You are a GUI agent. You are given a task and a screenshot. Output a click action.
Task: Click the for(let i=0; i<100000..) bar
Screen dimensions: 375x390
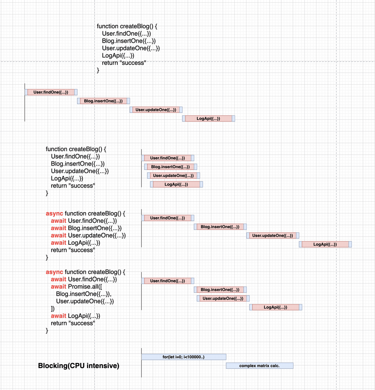(184, 357)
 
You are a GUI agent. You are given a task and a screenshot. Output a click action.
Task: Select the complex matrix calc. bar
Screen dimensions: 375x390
(260, 366)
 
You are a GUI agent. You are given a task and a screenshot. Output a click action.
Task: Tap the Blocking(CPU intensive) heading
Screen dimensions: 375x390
(79, 366)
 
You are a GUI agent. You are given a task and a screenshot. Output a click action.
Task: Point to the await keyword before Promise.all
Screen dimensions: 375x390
(59, 287)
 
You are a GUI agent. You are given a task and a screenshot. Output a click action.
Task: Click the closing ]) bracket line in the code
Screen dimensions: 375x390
(53, 309)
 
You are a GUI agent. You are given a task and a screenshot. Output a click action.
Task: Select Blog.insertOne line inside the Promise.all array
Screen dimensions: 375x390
(84, 294)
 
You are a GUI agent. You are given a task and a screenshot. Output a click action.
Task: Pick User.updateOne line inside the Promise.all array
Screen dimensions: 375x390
(85, 301)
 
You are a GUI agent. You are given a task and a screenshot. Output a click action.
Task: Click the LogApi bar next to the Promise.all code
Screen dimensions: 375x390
(276, 307)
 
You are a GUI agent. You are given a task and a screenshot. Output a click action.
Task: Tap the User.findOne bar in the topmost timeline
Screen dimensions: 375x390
(51, 92)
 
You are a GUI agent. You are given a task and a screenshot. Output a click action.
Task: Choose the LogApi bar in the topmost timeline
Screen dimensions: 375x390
(209, 118)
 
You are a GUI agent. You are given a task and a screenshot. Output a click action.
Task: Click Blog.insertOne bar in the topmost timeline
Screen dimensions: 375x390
(104, 101)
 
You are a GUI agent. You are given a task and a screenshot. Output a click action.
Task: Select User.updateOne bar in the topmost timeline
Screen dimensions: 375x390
(156, 110)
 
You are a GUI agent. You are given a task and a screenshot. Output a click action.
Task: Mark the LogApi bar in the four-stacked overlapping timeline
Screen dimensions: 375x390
(177, 184)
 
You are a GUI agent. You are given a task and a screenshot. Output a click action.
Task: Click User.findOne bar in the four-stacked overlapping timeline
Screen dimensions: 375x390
(168, 158)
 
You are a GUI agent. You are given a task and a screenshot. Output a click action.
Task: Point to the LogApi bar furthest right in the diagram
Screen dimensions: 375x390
(325, 244)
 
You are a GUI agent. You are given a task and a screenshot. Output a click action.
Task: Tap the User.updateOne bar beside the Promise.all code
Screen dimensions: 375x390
(223, 298)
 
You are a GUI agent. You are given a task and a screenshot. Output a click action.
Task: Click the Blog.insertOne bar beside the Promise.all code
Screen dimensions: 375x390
(220, 289)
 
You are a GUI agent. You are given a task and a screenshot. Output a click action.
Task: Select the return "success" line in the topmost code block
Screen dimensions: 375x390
(124, 63)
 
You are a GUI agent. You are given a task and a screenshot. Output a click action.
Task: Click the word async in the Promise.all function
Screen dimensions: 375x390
(54, 272)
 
